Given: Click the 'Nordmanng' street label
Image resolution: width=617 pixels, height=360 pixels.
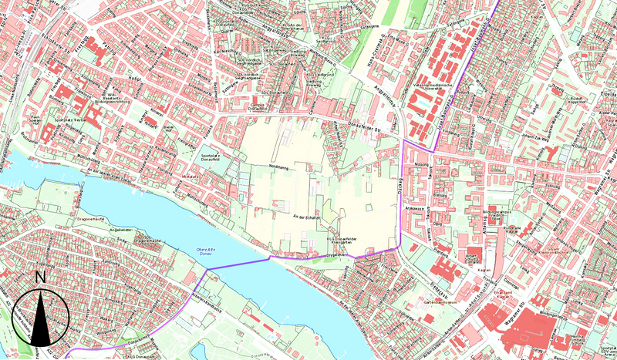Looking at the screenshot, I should [x=277, y=167].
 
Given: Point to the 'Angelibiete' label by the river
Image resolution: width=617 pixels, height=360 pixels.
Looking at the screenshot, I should [x=122, y=230].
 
